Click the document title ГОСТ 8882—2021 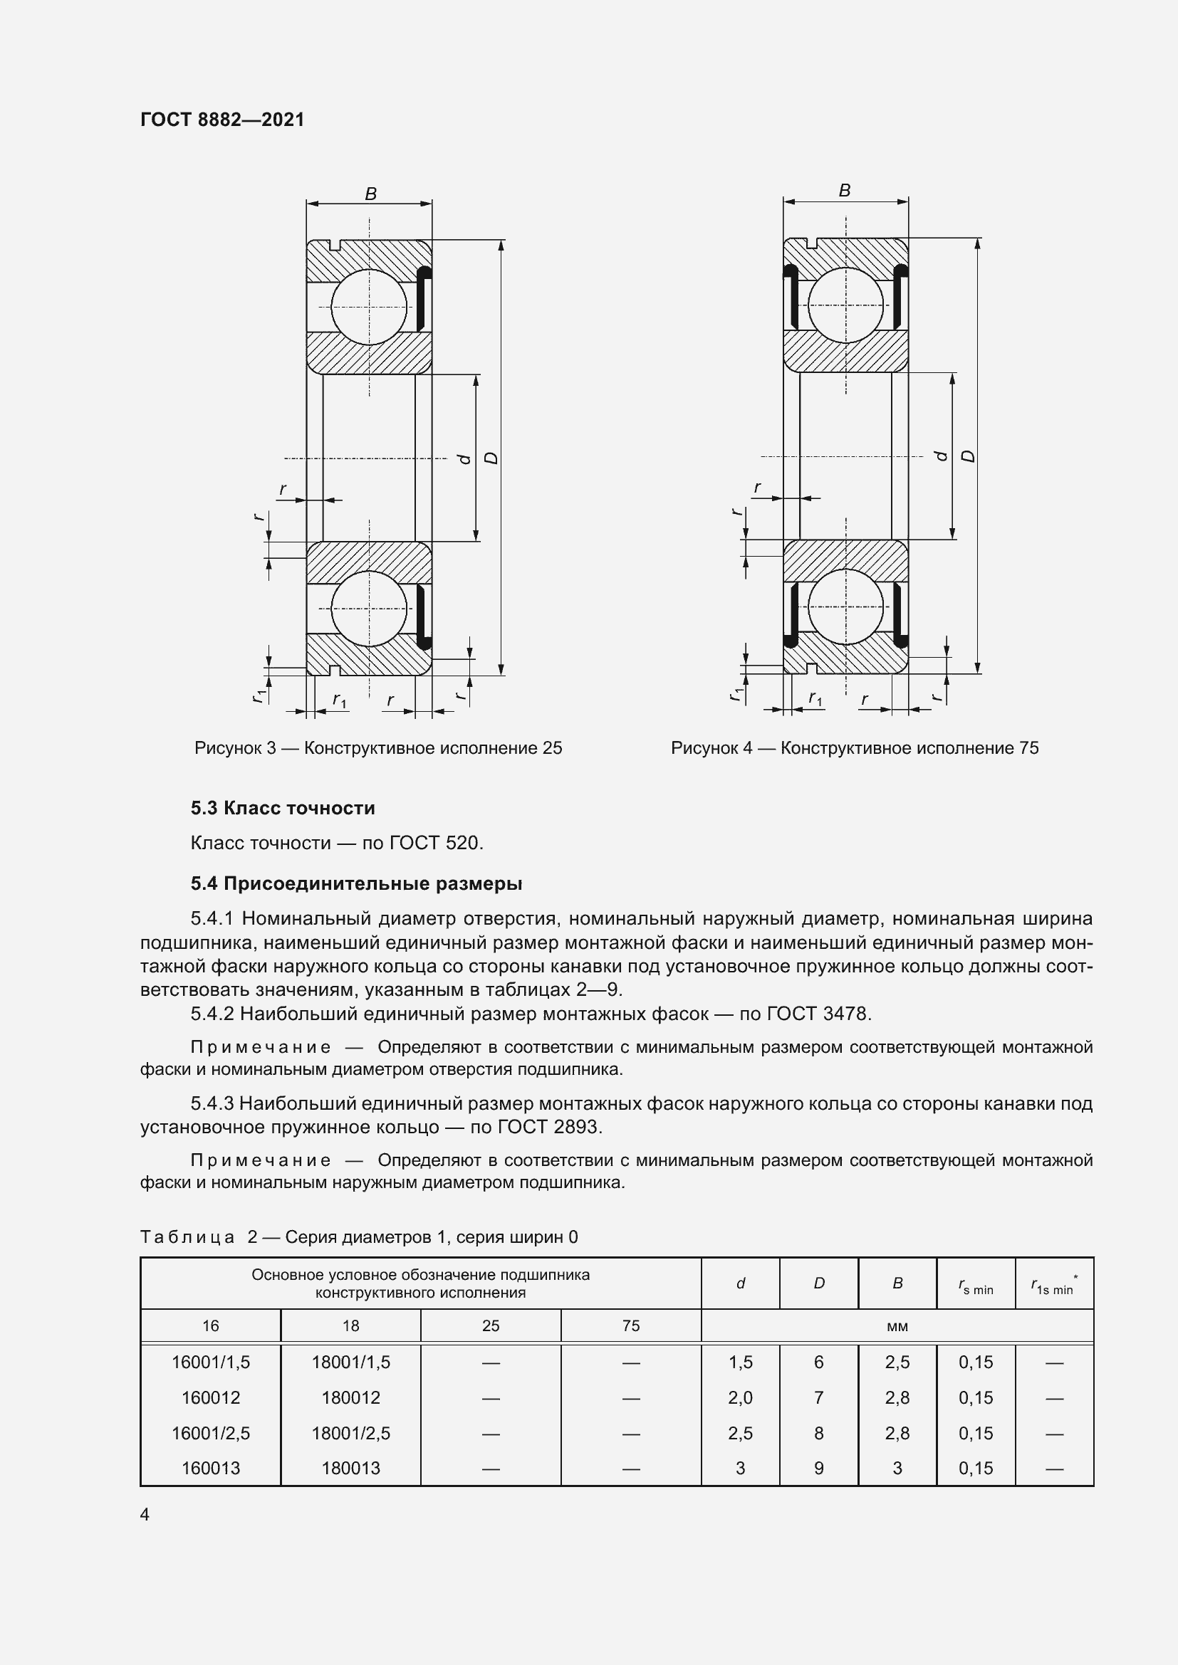click(222, 120)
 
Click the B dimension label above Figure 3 click(370, 194)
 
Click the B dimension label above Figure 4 click(845, 190)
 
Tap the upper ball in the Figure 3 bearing click(369, 307)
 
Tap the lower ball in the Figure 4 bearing click(846, 607)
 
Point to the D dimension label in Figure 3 click(492, 458)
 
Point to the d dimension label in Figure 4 click(942, 456)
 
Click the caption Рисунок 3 click(235, 747)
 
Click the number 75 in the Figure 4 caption click(1028, 747)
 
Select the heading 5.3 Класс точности click(283, 808)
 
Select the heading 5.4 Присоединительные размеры click(356, 883)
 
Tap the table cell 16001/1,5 click(210, 1362)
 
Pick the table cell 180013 click(350, 1468)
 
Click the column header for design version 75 click(631, 1325)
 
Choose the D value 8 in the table click(819, 1433)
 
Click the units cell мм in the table click(897, 1326)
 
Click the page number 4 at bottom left click(145, 1514)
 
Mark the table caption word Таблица click(188, 1237)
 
